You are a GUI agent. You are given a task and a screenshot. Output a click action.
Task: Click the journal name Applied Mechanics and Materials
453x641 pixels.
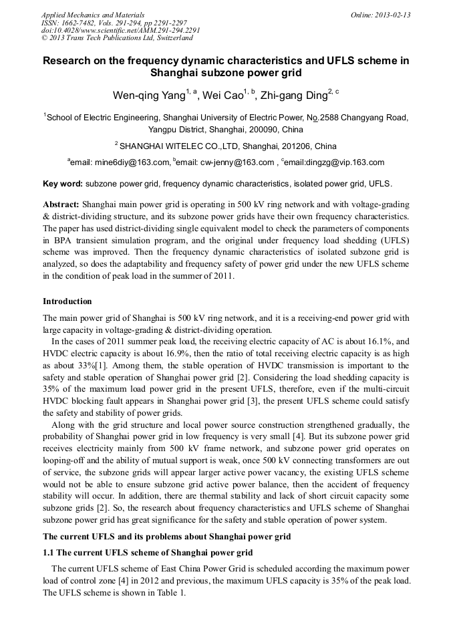93,15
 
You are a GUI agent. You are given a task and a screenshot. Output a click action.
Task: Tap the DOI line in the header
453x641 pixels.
120,31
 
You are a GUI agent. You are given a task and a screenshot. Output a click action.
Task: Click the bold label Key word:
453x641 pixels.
63,183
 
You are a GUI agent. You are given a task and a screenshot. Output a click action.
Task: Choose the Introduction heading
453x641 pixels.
67,301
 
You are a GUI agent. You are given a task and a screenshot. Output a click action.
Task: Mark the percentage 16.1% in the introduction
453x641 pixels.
383,341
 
